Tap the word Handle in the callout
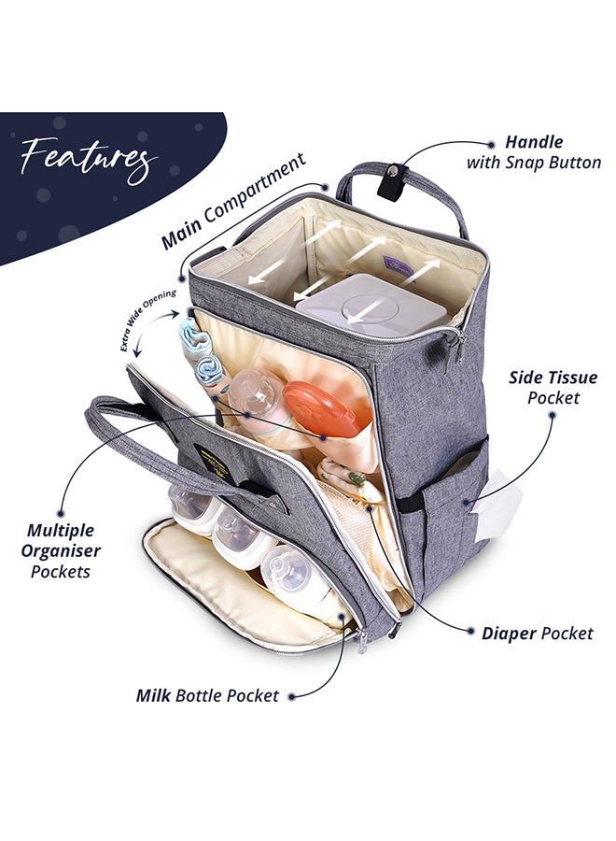(534, 143)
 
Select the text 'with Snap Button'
(534, 163)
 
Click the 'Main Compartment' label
(233, 202)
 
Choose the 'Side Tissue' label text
(553, 378)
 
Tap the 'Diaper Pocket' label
(537, 634)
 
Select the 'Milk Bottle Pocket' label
(207, 695)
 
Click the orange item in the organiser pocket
(321, 408)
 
